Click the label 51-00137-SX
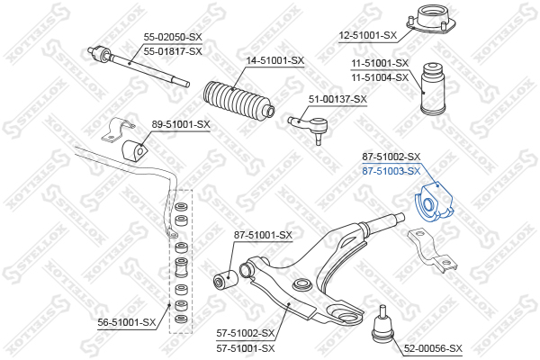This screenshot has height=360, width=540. pos(337,99)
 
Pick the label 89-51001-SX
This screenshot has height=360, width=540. pos(180,124)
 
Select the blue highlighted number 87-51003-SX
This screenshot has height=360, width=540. pos(391,170)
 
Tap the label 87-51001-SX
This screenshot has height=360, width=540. pos(263,236)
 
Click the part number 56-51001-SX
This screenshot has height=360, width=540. pos(126,320)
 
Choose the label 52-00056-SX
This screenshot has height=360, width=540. pos(432,347)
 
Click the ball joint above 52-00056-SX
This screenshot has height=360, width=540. pos(383,322)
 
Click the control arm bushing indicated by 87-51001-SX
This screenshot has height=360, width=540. pos(225,280)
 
